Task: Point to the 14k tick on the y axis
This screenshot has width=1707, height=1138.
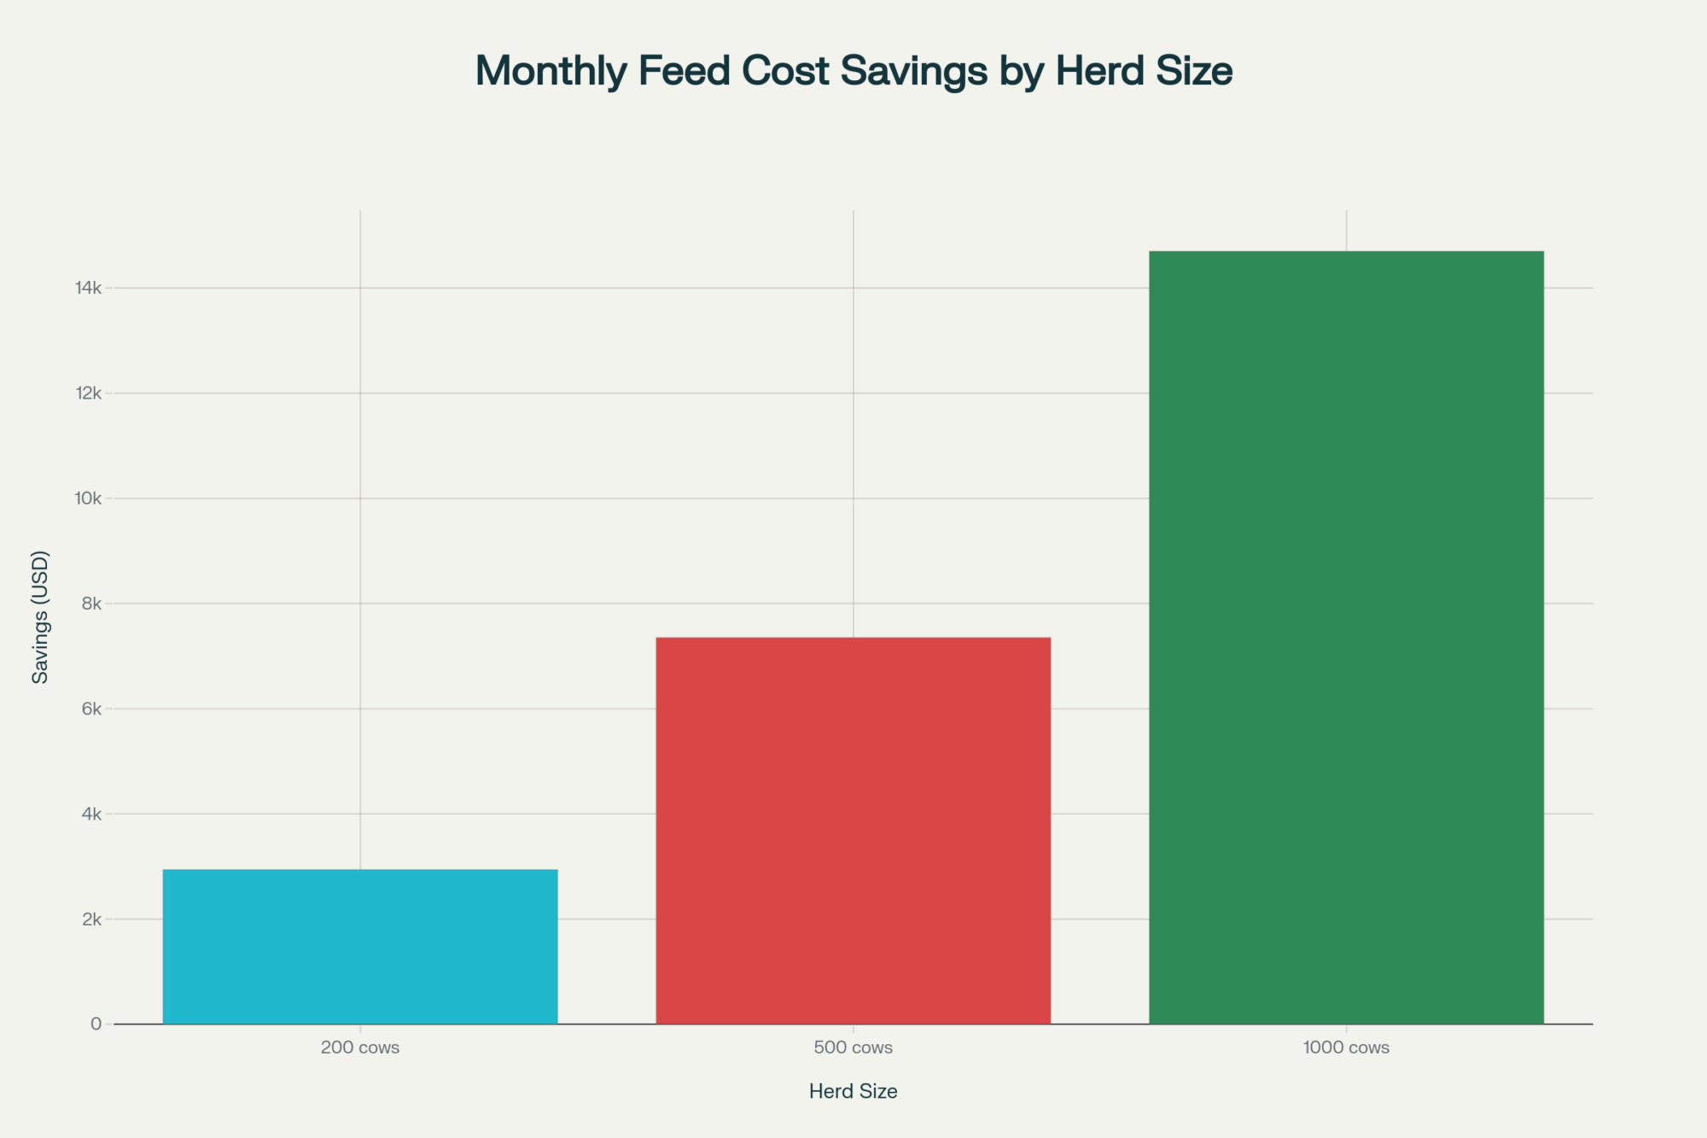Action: pyautogui.click(x=89, y=289)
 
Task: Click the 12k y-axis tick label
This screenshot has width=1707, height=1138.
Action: pyautogui.click(x=89, y=394)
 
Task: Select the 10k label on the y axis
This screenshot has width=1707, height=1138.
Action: pyautogui.click(x=89, y=499)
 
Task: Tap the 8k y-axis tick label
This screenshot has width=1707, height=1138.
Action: pyautogui.click(x=91, y=604)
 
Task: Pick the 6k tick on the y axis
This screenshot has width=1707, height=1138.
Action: pyautogui.click(x=91, y=709)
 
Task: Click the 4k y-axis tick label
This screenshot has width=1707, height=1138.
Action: pyautogui.click(x=91, y=814)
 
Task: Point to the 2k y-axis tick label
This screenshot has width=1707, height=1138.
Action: pyautogui.click(x=91, y=919)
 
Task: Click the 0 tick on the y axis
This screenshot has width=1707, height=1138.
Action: pyautogui.click(x=96, y=1024)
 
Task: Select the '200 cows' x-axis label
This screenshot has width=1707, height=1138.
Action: pyautogui.click(x=359, y=1048)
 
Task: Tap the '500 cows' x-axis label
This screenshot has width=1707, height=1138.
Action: pyautogui.click(x=853, y=1048)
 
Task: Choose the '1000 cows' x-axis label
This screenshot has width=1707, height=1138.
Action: pyautogui.click(x=1346, y=1048)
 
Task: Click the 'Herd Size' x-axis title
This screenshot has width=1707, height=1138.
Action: pyautogui.click(x=853, y=1091)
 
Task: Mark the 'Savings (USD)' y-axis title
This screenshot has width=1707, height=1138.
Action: pyautogui.click(x=40, y=616)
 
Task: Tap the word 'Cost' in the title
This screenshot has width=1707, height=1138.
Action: pyautogui.click(x=785, y=71)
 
